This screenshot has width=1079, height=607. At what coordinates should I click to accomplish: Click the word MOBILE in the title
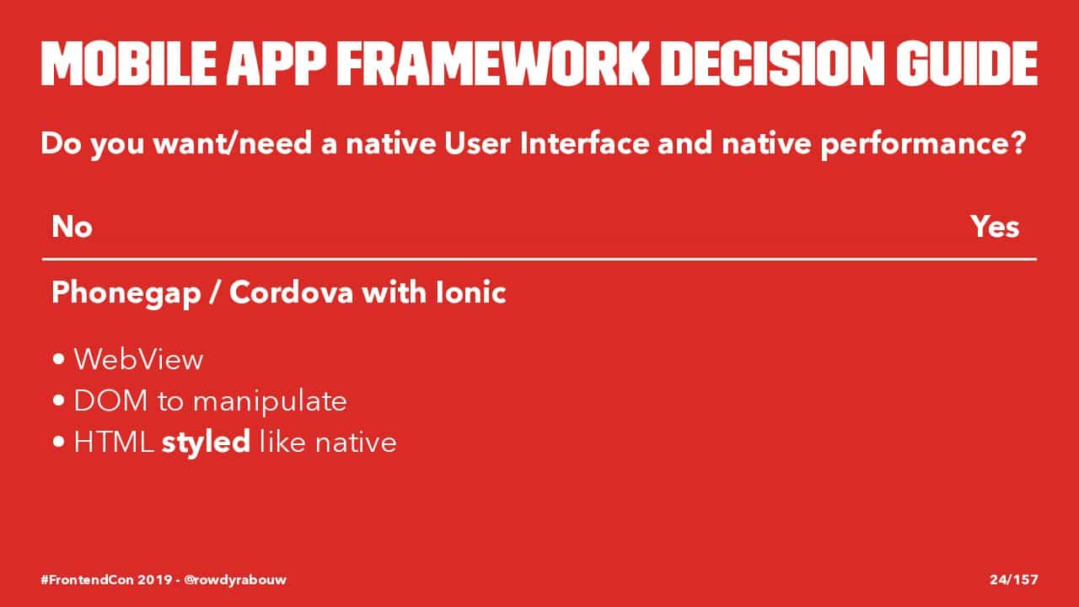(129, 63)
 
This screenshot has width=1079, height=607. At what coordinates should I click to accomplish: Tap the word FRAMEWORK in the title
(493, 63)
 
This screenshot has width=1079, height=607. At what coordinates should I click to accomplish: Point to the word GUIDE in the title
(967, 63)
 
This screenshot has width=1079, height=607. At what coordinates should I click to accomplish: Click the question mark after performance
(1018, 142)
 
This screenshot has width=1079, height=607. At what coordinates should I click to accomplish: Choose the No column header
(72, 227)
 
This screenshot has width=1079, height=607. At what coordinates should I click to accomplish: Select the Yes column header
(995, 227)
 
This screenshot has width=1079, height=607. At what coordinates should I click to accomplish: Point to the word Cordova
(292, 293)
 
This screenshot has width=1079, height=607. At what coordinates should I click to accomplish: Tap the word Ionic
(470, 293)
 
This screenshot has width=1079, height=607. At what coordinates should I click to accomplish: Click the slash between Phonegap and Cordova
(215, 293)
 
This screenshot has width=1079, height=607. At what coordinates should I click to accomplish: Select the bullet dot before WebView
(59, 359)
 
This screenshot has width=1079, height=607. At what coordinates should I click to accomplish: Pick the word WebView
(139, 359)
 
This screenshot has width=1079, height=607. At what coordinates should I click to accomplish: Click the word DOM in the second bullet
(110, 400)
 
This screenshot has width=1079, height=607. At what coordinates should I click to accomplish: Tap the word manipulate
(270, 402)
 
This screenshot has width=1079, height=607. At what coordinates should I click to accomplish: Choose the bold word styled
(206, 443)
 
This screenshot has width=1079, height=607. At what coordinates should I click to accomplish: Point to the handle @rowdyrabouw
(235, 580)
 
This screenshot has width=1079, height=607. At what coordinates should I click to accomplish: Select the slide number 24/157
(1014, 579)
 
